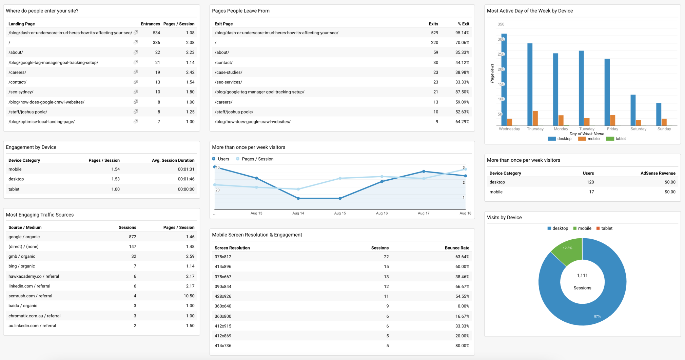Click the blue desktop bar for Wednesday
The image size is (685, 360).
click(x=504, y=80)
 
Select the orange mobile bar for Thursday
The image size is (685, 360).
click(x=535, y=118)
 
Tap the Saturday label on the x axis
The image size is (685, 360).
click(x=638, y=129)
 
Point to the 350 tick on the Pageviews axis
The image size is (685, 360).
click(x=501, y=24)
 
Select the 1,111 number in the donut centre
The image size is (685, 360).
click(x=582, y=275)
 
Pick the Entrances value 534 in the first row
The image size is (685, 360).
click(x=156, y=33)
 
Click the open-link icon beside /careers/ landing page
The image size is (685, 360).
click(x=136, y=72)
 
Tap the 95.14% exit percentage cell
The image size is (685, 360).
click(x=462, y=33)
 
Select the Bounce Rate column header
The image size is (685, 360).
click(x=457, y=248)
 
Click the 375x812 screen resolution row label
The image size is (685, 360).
click(x=223, y=257)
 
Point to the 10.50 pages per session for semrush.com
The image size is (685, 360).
click(x=189, y=296)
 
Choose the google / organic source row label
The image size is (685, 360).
click(x=24, y=237)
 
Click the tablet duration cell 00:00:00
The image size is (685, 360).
click(x=186, y=189)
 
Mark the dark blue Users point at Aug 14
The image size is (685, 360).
click(x=298, y=198)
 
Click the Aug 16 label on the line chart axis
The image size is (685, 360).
click(x=381, y=213)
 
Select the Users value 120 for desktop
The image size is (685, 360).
click(x=590, y=182)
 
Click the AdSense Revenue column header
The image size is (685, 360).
click(x=658, y=173)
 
